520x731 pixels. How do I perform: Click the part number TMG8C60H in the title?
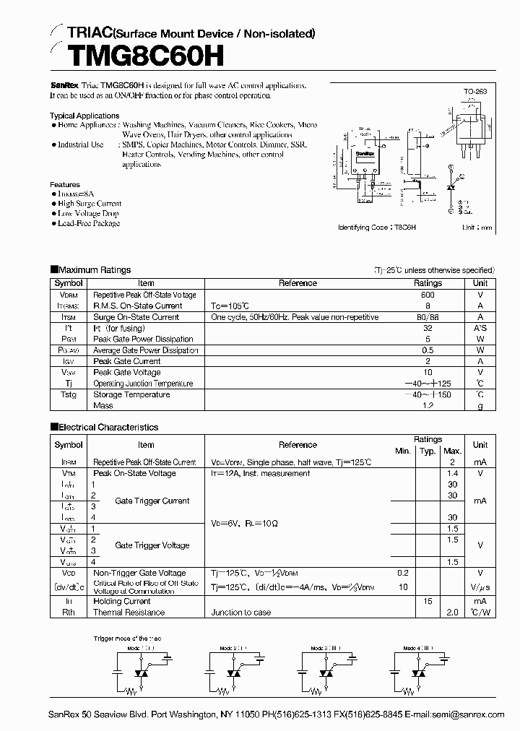pyautogui.click(x=136, y=56)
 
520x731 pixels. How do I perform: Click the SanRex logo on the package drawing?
pyautogui.click(x=365, y=154)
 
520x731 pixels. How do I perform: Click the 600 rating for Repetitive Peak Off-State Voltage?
pyautogui.click(x=428, y=295)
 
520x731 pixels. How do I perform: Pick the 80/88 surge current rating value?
pyautogui.click(x=428, y=317)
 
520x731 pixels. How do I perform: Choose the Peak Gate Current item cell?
pyautogui.click(x=127, y=361)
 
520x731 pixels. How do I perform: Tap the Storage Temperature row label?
pyautogui.click(x=131, y=394)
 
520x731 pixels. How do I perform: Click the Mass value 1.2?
pyautogui.click(x=428, y=406)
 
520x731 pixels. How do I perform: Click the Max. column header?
pyautogui.click(x=452, y=451)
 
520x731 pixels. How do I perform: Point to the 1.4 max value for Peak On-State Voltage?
pyautogui.click(x=453, y=473)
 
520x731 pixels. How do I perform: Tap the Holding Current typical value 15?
pyautogui.click(x=428, y=601)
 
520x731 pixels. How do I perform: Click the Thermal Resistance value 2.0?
pyautogui.click(x=453, y=612)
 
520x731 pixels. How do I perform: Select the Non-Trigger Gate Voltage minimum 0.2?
pyautogui.click(x=402, y=572)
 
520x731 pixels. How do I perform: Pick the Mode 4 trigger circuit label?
pyautogui.click(x=417, y=648)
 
